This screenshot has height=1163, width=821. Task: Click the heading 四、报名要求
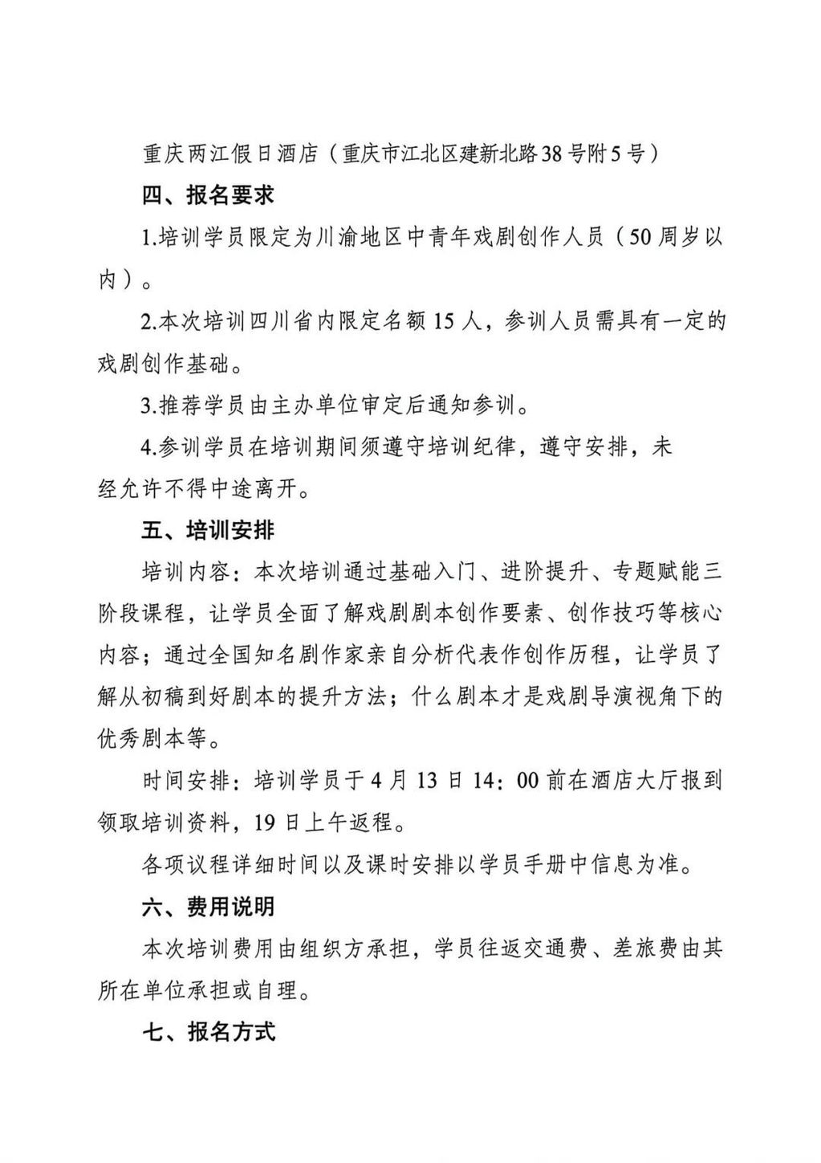(209, 195)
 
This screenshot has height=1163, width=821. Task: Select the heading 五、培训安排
(209, 531)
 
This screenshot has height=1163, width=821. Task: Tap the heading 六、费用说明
(209, 907)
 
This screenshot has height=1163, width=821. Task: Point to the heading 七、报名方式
(209, 1032)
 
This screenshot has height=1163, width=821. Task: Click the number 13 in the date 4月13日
(428, 781)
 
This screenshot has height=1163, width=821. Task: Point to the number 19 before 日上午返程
(266, 822)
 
